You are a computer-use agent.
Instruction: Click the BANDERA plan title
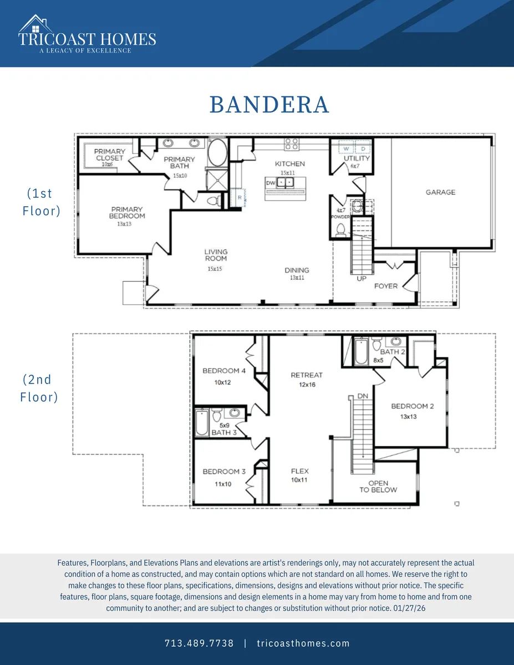(x=269, y=105)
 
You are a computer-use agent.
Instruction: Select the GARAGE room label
(x=440, y=192)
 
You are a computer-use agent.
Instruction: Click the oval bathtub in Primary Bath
(x=218, y=153)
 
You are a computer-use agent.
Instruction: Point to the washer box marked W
(x=346, y=149)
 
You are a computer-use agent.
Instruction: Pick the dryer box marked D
(x=363, y=149)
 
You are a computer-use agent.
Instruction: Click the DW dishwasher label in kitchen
(x=271, y=183)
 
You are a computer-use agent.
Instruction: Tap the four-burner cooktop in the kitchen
(x=291, y=144)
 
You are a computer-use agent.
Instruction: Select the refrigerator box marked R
(x=239, y=198)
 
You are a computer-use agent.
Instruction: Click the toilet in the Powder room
(x=340, y=229)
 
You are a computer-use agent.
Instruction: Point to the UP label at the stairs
(x=362, y=279)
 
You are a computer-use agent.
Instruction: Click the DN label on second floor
(x=363, y=396)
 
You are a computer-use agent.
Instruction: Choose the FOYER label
(x=386, y=286)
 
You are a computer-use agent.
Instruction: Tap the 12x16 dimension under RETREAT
(x=307, y=385)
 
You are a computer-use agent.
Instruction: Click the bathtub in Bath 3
(x=202, y=422)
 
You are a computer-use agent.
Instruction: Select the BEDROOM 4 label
(x=224, y=371)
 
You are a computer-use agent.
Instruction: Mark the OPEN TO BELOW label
(x=378, y=487)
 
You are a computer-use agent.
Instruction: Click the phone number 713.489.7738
(x=199, y=643)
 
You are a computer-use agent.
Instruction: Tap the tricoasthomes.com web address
(x=303, y=643)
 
